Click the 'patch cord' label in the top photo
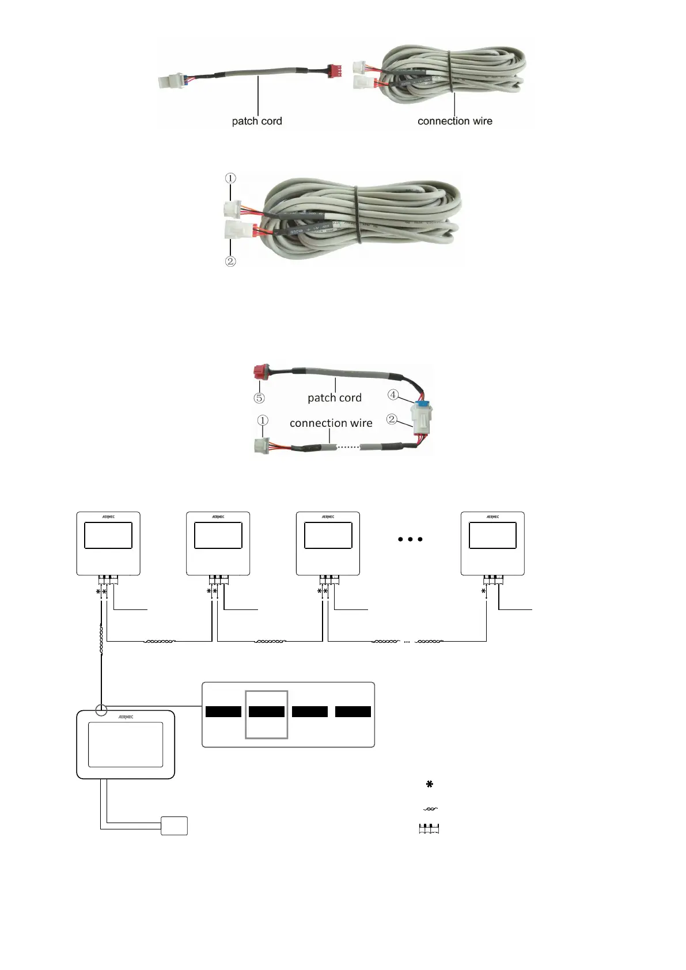(257, 121)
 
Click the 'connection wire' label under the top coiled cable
(454, 121)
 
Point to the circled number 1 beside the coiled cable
(230, 178)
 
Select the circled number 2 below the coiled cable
(230, 261)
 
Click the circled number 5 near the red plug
(259, 398)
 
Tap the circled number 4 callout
(393, 395)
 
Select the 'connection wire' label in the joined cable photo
(331, 423)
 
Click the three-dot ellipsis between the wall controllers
(410, 539)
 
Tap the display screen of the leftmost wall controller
(108, 535)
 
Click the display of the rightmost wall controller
(492, 535)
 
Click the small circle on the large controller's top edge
(101, 709)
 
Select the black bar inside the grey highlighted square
(266, 711)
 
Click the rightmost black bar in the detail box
(353, 711)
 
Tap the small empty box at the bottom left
(174, 825)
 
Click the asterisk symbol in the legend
(429, 784)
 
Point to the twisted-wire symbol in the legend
(430, 809)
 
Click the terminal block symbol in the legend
(429, 829)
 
